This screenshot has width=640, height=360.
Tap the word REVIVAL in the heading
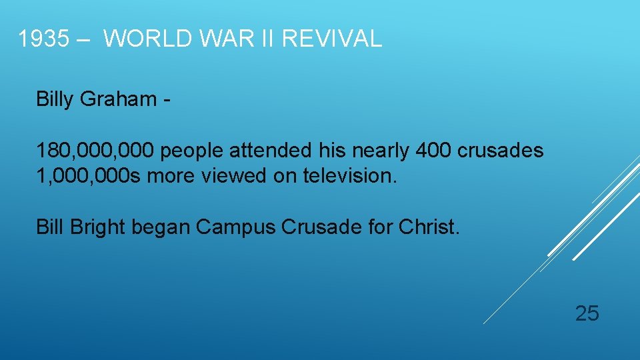pos(332,39)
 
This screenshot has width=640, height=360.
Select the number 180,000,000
pos(96,151)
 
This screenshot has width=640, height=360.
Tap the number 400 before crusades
pos(433,151)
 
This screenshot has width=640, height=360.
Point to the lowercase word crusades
pos(501,151)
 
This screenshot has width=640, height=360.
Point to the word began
pos(161,227)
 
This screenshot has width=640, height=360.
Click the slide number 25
pos(587,313)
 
